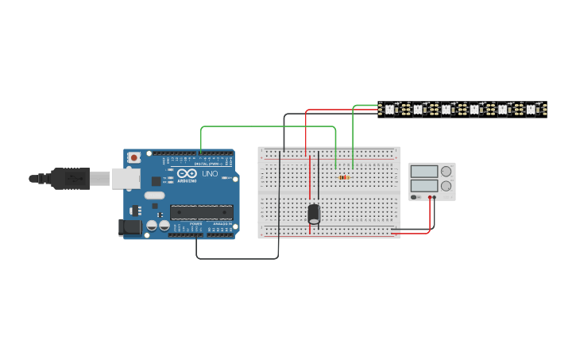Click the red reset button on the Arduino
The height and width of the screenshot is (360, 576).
133,158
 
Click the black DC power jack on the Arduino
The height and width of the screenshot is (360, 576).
130,227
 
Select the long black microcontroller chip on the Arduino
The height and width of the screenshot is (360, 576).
201,211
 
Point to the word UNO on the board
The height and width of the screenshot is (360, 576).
210,173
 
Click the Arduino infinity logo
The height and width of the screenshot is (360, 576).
187,173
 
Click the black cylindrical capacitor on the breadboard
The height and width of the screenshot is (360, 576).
314,213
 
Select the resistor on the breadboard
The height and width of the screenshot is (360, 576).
343,177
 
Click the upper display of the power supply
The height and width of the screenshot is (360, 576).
424,171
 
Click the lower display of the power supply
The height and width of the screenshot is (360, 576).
424,186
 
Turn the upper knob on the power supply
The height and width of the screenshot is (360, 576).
446,171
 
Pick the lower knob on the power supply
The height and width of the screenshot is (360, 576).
446,186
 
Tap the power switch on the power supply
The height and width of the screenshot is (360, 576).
415,197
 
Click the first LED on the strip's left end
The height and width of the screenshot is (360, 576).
390,109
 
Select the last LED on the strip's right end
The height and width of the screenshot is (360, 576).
531,109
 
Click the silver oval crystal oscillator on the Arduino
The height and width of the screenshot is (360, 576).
154,195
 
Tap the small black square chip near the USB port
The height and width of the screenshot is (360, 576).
157,181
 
